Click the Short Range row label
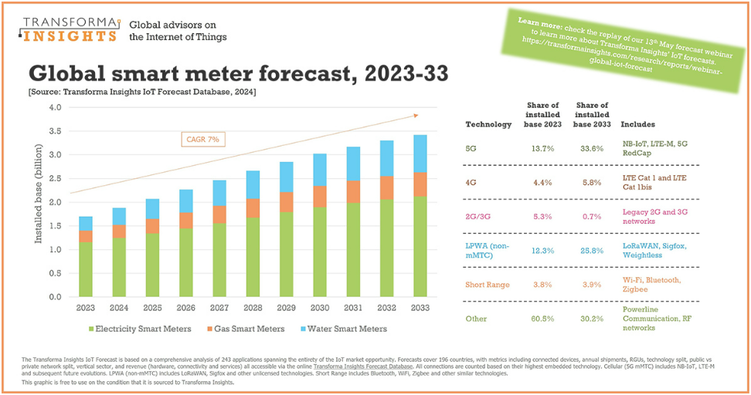488,284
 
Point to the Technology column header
488,123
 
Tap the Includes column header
637,123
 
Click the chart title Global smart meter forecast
239,74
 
